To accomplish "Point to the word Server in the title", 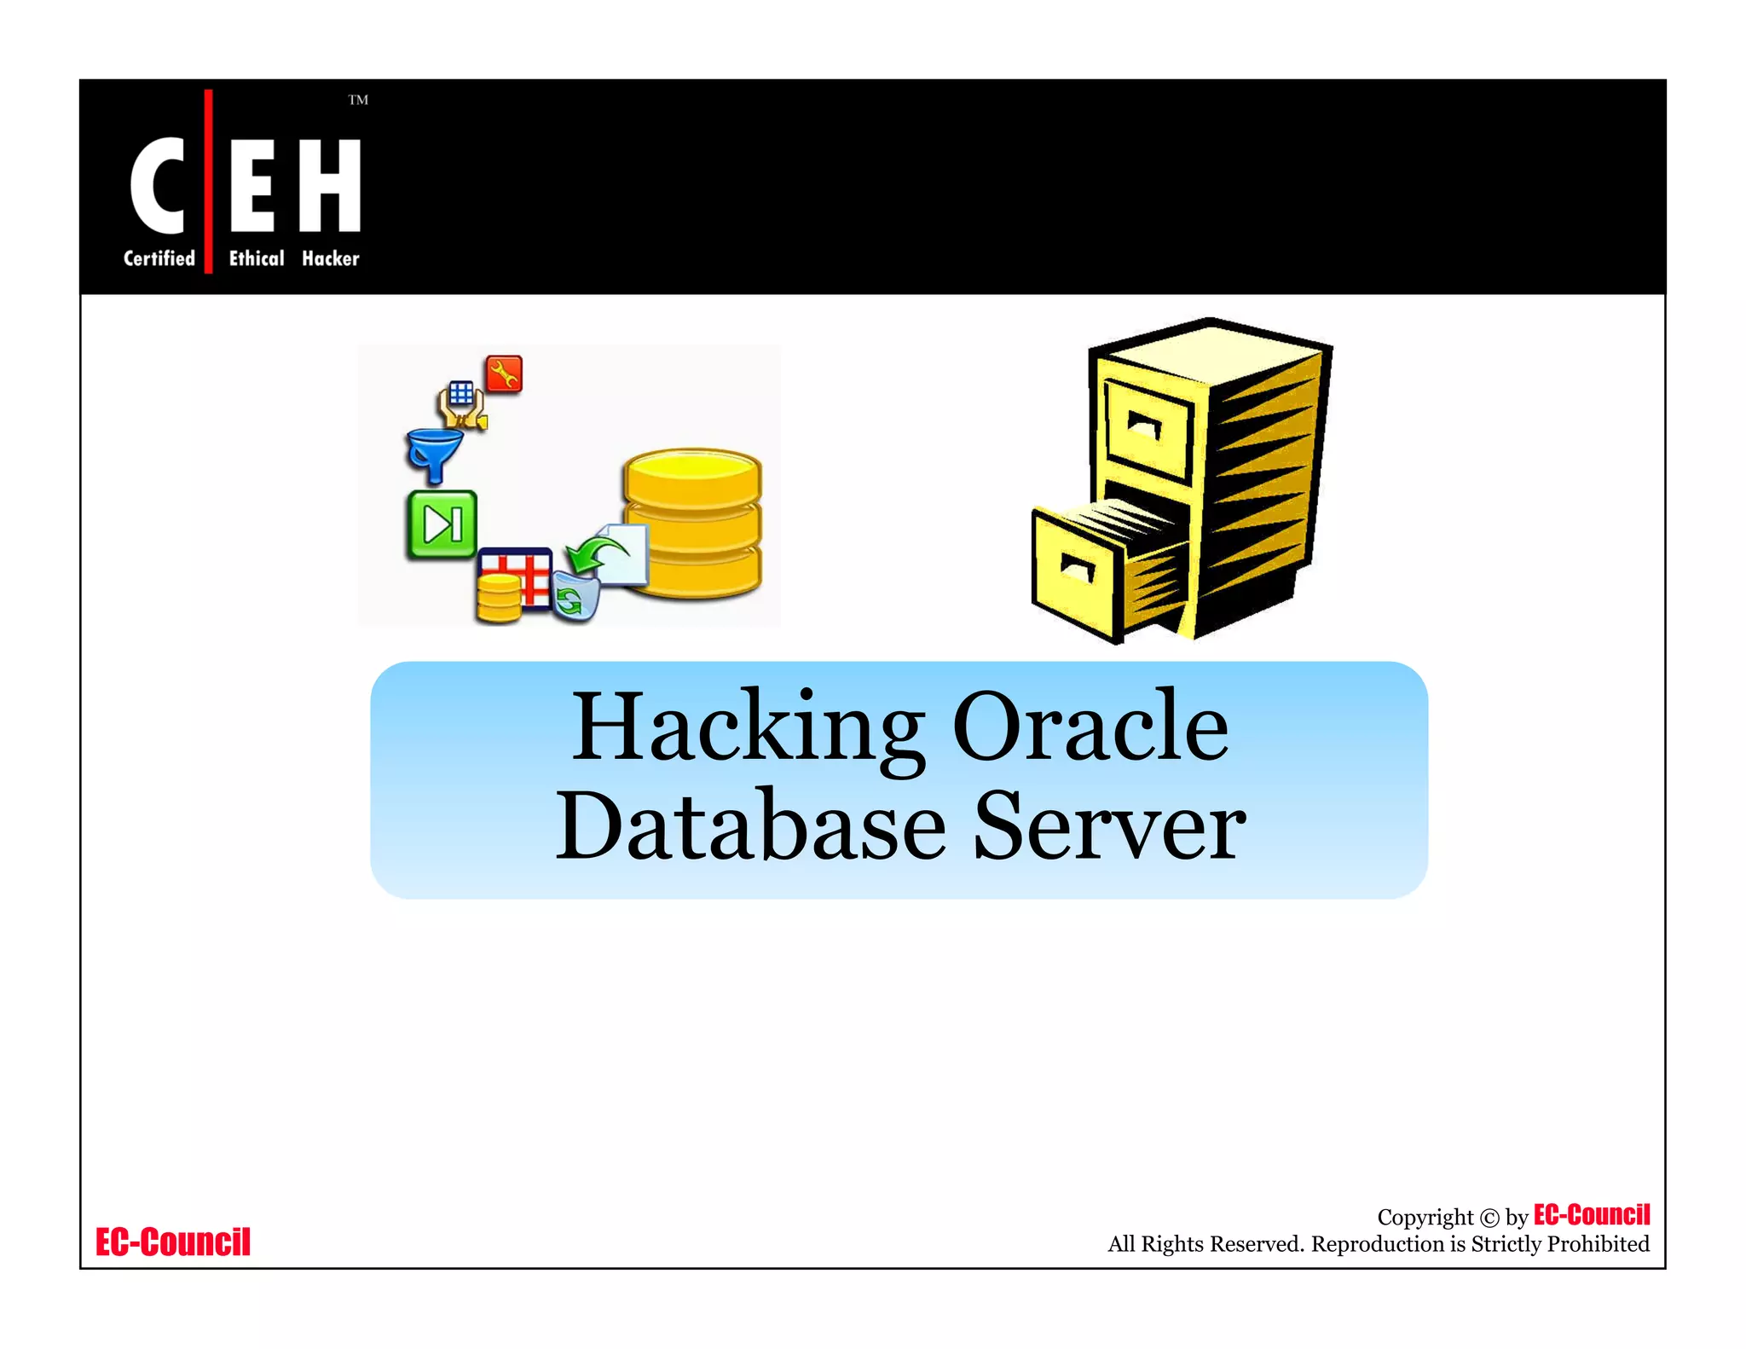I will coord(1109,825).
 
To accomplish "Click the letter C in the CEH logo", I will coord(157,185).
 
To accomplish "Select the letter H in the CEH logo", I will coord(330,185).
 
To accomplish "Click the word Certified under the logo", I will coord(159,258).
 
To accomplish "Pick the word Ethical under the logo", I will coord(257,258).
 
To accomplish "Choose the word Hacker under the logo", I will coord(331,258).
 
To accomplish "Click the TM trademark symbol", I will coord(358,100).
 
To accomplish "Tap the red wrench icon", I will coord(504,374).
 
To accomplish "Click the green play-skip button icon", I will coord(441,524).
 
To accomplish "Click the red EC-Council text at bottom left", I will coord(173,1242).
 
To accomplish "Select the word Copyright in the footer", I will coord(1425,1217).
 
